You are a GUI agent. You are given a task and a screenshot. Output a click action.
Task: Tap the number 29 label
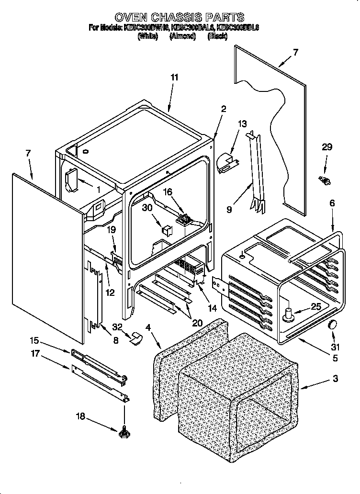pos(326,147)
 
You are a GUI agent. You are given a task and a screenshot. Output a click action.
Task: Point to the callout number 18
pos(80,416)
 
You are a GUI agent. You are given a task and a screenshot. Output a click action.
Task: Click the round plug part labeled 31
pos(331,326)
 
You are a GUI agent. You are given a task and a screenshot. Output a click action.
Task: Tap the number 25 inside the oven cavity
pos(316,307)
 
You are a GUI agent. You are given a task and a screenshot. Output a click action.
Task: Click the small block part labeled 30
pos(166,229)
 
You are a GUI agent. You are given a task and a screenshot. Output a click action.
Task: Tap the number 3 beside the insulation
pos(335,379)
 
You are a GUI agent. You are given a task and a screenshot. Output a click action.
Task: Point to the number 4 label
pos(148,328)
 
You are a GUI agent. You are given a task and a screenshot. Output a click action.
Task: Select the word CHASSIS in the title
pos(179,18)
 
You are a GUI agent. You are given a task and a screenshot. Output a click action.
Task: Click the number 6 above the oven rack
pos(332,203)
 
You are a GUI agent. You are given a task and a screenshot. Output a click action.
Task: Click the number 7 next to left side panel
pos(28,153)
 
